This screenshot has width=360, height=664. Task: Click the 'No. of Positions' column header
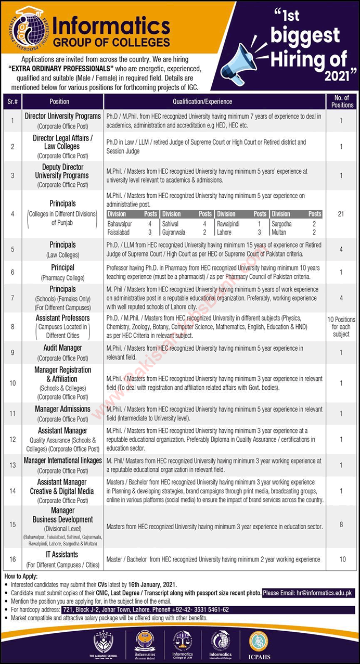click(x=341, y=101)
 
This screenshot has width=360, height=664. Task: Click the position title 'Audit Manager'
click(x=62, y=348)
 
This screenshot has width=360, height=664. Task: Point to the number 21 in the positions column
click(x=341, y=214)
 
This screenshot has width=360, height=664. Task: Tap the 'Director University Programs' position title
click(x=62, y=116)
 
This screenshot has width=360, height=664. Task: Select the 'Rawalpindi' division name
click(x=230, y=223)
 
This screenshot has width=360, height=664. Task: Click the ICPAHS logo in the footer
click(x=258, y=643)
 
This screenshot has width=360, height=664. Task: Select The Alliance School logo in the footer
click(x=106, y=644)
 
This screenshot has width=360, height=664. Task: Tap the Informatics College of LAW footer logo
click(x=182, y=644)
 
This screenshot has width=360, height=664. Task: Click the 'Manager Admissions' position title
click(x=62, y=409)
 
